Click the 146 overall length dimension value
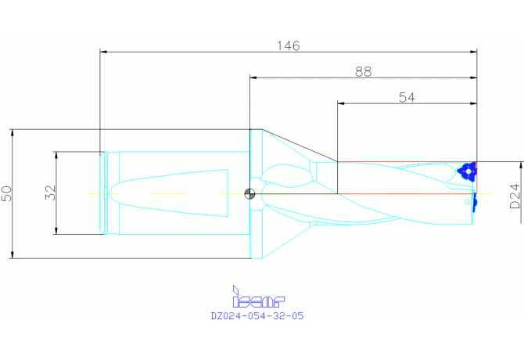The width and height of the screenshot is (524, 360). [289, 46]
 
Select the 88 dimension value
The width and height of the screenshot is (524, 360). [363, 71]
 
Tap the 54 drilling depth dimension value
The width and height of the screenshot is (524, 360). [407, 97]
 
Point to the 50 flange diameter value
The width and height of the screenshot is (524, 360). [7, 194]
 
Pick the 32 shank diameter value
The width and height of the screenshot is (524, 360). [51, 193]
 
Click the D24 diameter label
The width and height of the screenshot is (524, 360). [515, 196]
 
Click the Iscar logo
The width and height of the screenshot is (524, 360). [258, 297]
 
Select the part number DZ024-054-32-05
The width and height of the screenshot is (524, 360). [257, 316]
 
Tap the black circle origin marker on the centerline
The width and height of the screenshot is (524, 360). [249, 194]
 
